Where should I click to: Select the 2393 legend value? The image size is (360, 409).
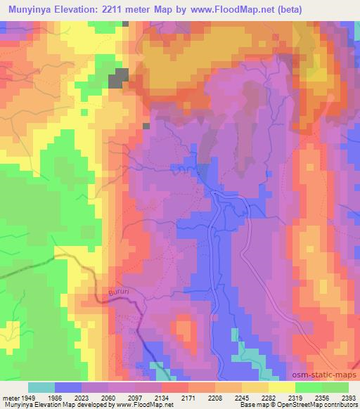349,397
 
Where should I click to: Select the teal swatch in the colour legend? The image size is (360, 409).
41,387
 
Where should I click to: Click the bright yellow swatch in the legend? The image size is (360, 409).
281,387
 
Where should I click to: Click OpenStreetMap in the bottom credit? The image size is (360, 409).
333,405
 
